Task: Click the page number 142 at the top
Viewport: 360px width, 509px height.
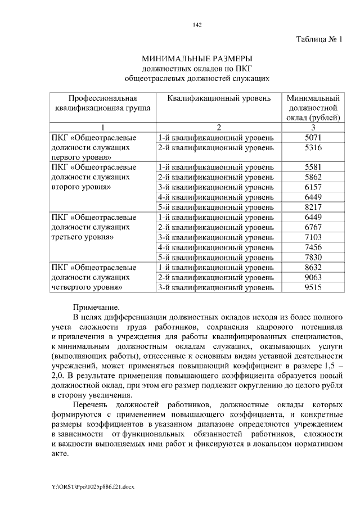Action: pyautogui.click(x=197, y=24)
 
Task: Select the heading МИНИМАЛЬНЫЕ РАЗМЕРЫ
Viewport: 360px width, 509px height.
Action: pyautogui.click(x=197, y=58)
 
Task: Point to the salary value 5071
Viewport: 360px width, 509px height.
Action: pyautogui.click(x=313, y=137)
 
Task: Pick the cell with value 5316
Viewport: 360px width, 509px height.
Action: pyautogui.click(x=313, y=147)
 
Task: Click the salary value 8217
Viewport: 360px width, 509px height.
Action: pyautogui.click(x=313, y=207)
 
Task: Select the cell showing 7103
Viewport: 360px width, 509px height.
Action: pyautogui.click(x=313, y=237)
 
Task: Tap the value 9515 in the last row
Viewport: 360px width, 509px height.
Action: pyautogui.click(x=313, y=287)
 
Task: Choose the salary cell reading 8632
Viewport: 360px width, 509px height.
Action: pyautogui.click(x=313, y=267)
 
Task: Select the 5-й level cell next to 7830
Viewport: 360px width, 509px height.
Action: pyautogui.click(x=215, y=257)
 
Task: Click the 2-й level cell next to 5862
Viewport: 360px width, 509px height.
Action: pyautogui.click(x=215, y=177)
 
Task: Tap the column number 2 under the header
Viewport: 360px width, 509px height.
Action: pyautogui.click(x=215, y=128)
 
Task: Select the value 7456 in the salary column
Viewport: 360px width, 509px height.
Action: pyautogui.click(x=313, y=247)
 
